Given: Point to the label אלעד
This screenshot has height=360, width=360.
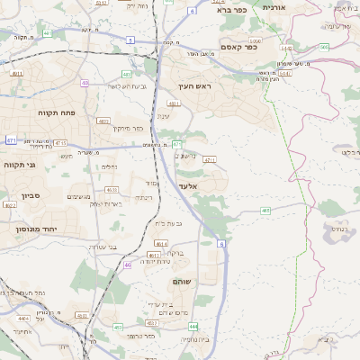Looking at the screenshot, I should pos(188,185).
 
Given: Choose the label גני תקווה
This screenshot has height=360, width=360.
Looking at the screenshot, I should pos(19,165).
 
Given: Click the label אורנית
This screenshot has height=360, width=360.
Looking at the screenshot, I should pos(273,6).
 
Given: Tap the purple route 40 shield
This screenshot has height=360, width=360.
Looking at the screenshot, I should pos(85,83).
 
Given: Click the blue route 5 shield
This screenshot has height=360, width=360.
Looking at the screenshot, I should pos(130,40).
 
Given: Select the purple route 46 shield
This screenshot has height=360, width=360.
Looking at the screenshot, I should pos(128,265).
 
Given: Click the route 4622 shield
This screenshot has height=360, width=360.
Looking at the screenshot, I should pos(11,205).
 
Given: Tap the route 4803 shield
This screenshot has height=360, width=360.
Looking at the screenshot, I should pos(103,120).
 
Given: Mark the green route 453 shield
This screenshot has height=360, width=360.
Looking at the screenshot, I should pos(118,327).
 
